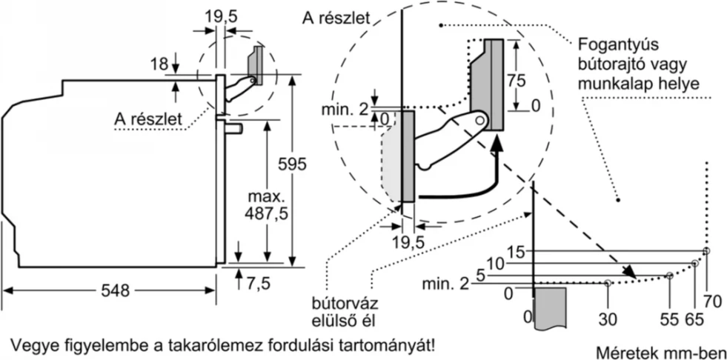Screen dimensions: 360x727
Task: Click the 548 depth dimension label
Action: coord(114,291)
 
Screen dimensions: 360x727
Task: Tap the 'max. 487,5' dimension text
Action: coord(265,204)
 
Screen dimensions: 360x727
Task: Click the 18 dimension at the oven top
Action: coord(159,64)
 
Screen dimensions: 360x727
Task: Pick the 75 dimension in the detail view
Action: coord(517,79)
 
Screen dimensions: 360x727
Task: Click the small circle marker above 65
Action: coord(694,263)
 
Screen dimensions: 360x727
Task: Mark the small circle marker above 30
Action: coord(608,283)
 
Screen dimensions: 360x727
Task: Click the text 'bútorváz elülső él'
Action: coord(342,312)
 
